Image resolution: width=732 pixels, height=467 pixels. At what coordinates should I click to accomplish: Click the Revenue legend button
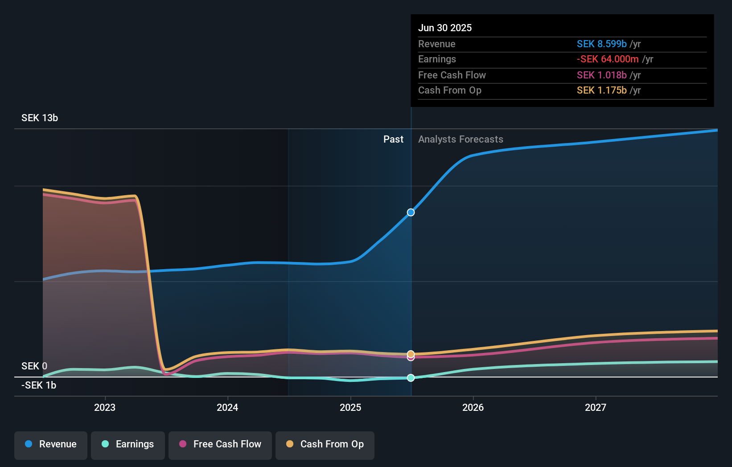51,444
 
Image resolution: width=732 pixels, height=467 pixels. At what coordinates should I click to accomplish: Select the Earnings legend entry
128,444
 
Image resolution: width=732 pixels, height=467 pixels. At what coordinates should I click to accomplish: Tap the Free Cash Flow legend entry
220,444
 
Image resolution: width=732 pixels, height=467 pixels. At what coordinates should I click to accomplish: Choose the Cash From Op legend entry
325,444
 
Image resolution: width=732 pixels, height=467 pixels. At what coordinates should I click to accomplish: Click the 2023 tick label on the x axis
105,408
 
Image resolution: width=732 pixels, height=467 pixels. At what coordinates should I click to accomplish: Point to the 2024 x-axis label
227,408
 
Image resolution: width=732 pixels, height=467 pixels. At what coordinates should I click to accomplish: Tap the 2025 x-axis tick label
350,408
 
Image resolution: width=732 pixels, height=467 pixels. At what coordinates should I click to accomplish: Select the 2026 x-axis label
473,408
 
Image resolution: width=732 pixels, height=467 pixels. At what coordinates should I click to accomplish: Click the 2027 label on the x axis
596,408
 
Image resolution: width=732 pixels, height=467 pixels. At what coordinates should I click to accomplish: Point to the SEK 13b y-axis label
40,118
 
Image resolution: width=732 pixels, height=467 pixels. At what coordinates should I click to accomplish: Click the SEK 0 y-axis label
34,366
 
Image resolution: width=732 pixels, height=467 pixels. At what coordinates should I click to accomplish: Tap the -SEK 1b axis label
39,385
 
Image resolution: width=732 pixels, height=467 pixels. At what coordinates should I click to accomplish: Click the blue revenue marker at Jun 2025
411,213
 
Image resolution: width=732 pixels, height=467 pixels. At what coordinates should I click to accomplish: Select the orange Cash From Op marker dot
411,354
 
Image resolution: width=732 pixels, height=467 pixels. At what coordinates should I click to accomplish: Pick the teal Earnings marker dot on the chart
411,378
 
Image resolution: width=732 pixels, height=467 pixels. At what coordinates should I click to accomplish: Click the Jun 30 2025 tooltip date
445,28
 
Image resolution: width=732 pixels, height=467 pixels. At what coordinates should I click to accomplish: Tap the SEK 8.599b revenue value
601,44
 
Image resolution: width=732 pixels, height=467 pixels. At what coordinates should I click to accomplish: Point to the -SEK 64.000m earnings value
608,59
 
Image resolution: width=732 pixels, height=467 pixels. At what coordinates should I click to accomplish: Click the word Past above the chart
393,139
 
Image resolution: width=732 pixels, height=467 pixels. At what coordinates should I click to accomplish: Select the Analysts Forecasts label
461,139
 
